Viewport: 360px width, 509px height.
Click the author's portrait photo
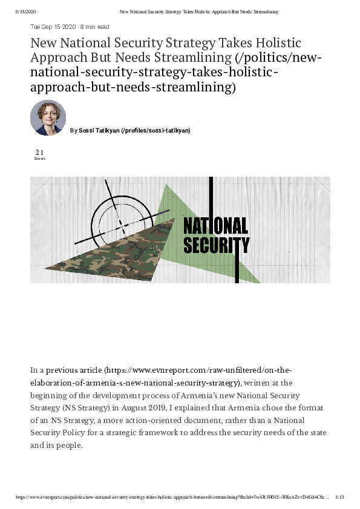pyautogui.click(x=48, y=117)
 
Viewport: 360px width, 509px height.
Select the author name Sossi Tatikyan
pyautogui.click(x=99, y=130)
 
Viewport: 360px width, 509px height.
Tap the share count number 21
pyautogui.click(x=39, y=153)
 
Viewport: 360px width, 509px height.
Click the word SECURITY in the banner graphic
pyautogui.click(x=216, y=245)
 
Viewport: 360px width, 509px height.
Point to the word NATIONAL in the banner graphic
pyautogui.click(x=215, y=226)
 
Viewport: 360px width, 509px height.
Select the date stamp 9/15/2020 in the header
pyautogui.click(x=27, y=11)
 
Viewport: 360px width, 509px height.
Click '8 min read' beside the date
pyautogui.click(x=94, y=27)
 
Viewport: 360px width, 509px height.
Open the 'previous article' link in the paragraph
pyautogui.click(x=74, y=369)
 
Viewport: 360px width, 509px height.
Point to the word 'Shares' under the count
pyautogui.click(x=39, y=159)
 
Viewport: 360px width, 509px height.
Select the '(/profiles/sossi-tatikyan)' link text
pyautogui.click(x=155, y=130)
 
